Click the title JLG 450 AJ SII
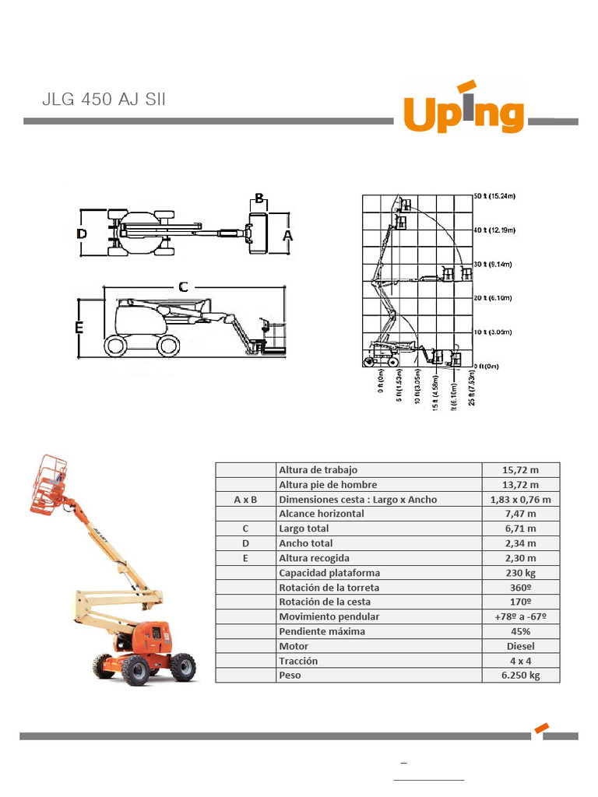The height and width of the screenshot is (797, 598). coord(104,100)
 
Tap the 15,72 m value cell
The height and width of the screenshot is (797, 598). coord(520,469)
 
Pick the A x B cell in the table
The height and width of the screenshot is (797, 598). coord(245,499)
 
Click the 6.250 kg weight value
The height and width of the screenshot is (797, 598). coord(520,675)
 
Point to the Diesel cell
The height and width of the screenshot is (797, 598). coord(520,646)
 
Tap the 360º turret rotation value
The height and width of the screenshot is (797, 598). coord(520,587)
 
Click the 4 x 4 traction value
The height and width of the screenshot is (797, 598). coord(520,661)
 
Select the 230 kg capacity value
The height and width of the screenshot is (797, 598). coord(520,573)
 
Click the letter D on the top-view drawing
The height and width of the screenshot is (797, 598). coord(82,233)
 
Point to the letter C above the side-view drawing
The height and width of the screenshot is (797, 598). coord(183,286)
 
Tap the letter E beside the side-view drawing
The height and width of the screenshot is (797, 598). coord(79,328)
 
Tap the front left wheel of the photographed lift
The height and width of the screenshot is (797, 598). coord(135,670)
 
